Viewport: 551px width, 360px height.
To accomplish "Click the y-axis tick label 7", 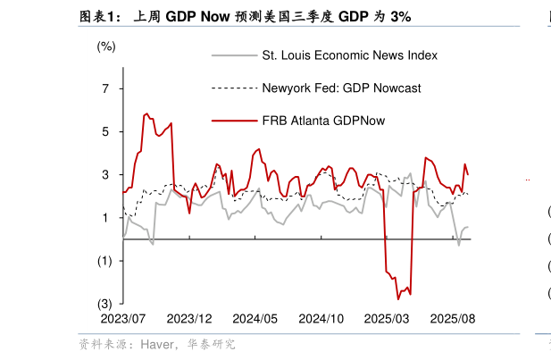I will (x=105, y=88).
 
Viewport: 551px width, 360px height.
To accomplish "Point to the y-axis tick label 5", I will (x=105, y=131).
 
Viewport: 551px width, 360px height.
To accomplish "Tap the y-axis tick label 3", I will (x=105, y=174).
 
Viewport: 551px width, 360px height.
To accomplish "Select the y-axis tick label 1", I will (x=105, y=218).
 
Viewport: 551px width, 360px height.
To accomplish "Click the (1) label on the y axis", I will (x=105, y=261).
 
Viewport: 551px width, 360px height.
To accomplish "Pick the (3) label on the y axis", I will (x=105, y=304).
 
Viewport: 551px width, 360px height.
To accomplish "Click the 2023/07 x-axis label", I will (x=123, y=319).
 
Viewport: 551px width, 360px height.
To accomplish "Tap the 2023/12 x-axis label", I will (x=189, y=319).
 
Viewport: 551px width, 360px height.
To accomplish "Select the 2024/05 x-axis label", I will (x=255, y=319).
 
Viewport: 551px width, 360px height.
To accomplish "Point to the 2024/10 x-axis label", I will (x=321, y=319).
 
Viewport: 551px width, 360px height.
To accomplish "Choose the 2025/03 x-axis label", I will (x=388, y=319).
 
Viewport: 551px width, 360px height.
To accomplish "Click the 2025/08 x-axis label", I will (x=453, y=319).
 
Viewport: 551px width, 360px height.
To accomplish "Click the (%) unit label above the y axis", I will (x=106, y=46).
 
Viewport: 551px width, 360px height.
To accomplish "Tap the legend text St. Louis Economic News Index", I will (x=349, y=55).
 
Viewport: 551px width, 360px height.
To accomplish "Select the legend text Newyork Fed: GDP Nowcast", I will (x=341, y=88).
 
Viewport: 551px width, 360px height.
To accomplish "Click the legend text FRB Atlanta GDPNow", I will (x=323, y=121).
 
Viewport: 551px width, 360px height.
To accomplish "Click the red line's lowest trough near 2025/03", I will (x=397, y=299).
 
